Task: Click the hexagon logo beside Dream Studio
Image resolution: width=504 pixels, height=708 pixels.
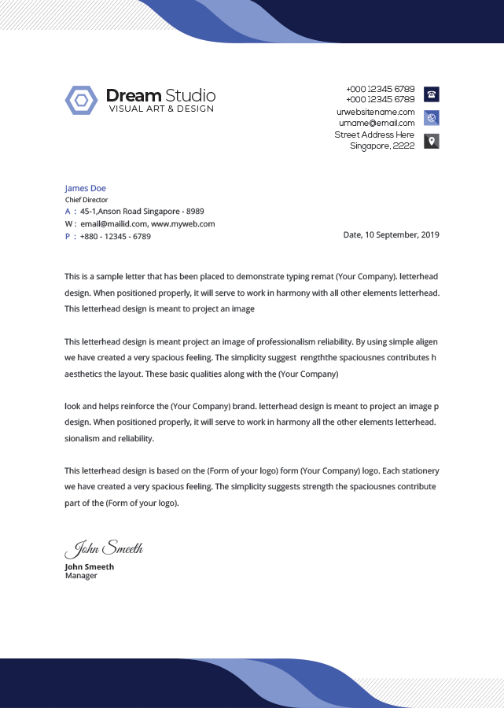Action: [81, 100]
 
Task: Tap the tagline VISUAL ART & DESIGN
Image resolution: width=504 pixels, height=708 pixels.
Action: [161, 109]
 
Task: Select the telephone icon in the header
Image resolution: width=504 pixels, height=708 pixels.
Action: [431, 94]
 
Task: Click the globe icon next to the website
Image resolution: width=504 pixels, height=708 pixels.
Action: [431, 118]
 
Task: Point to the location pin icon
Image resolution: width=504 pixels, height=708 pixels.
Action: [431, 141]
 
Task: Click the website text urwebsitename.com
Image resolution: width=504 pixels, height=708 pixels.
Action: [375, 112]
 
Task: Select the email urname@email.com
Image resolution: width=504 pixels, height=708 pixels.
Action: [377, 123]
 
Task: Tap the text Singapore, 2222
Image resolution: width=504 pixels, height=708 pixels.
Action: [382, 146]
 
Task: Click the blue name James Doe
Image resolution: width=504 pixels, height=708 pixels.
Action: [85, 188]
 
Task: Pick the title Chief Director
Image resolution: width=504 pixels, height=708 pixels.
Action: [86, 200]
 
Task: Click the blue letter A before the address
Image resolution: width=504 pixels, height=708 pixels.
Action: [68, 212]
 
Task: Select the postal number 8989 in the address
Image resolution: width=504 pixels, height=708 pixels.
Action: [194, 212]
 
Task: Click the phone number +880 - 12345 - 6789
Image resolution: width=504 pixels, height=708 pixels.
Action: [115, 236]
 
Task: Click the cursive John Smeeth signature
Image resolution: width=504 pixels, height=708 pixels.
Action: [104, 548]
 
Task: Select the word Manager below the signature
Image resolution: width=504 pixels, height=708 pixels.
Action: [81, 576]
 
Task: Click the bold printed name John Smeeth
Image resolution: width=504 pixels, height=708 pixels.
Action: [89, 566]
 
